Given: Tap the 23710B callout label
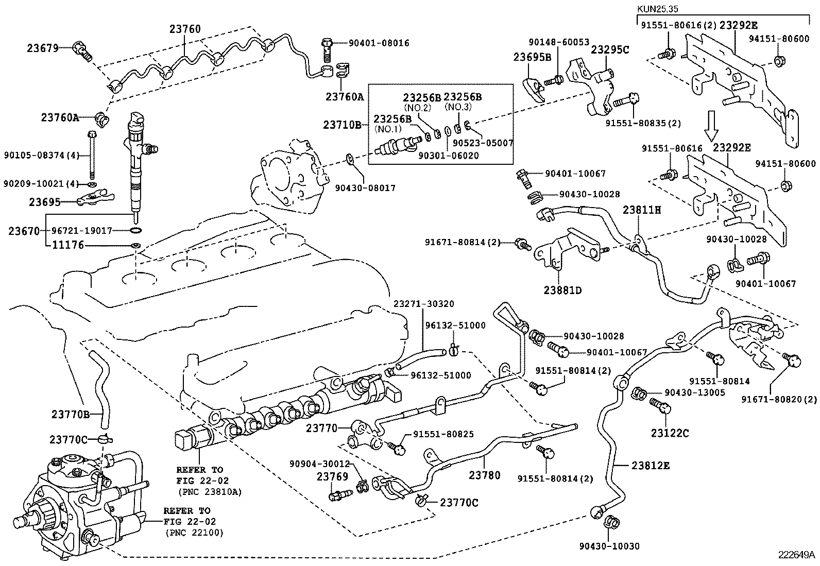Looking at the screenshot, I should click(x=342, y=125).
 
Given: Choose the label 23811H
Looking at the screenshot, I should click(x=641, y=210).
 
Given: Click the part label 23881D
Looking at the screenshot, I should click(x=562, y=290).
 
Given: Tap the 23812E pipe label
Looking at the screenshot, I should click(x=651, y=466).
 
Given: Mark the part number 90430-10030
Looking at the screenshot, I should click(x=609, y=546).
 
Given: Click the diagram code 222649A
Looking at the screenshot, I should click(x=796, y=555).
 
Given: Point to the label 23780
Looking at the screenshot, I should click(x=484, y=475).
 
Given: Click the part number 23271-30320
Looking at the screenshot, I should click(x=424, y=304).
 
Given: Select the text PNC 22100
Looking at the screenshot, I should click(x=194, y=534).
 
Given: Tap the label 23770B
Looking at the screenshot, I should click(x=70, y=414).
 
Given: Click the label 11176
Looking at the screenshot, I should click(x=68, y=246).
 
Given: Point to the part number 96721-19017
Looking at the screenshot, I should click(x=90, y=231).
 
